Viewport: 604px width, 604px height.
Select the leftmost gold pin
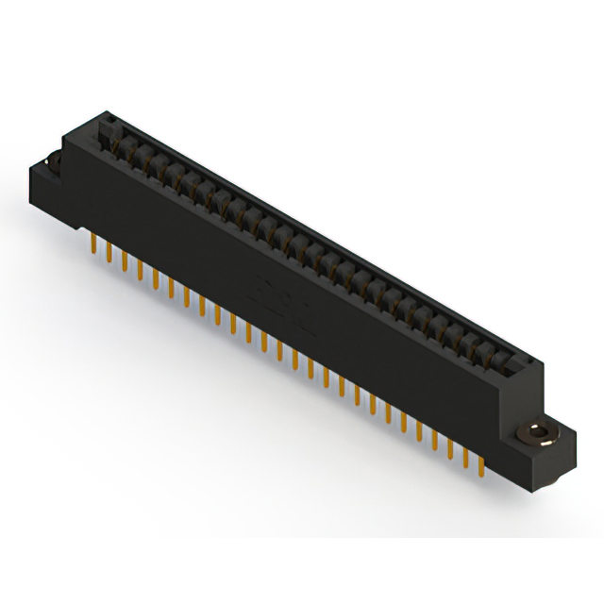[x=92, y=244]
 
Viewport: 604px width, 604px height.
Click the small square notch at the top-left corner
[x=109, y=118]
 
